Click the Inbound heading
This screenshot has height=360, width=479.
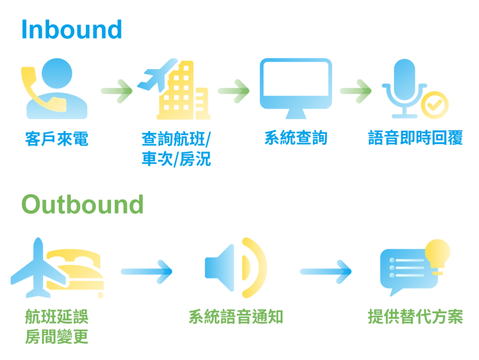71,29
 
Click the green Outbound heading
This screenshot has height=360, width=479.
82,205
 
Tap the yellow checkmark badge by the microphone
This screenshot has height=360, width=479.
434,104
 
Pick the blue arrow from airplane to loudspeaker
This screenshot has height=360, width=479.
147,271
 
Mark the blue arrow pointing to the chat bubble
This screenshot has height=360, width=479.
326,271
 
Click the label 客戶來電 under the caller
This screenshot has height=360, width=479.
56,138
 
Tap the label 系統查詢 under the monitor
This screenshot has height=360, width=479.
296,138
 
